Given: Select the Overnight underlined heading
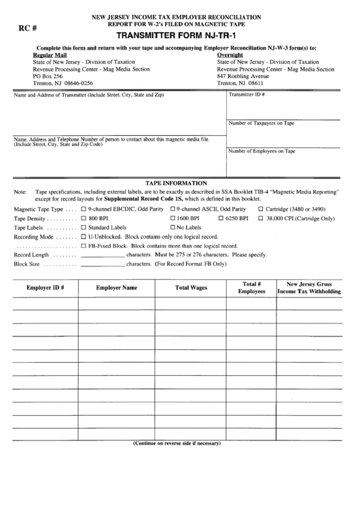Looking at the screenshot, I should coord(230,54).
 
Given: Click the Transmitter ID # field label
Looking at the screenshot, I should coord(247,95).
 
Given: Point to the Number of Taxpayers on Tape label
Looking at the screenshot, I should coord(261,123).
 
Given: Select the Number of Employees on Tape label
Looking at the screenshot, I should coord(262,151).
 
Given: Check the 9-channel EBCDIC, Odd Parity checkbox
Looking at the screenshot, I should coord(83,210).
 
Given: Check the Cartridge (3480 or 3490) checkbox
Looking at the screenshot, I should coord(261,210).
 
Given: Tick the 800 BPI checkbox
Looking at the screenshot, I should coord(83,219).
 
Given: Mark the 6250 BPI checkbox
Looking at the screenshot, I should coord(221,219).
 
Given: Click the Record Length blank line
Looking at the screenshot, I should coord(102,253).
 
